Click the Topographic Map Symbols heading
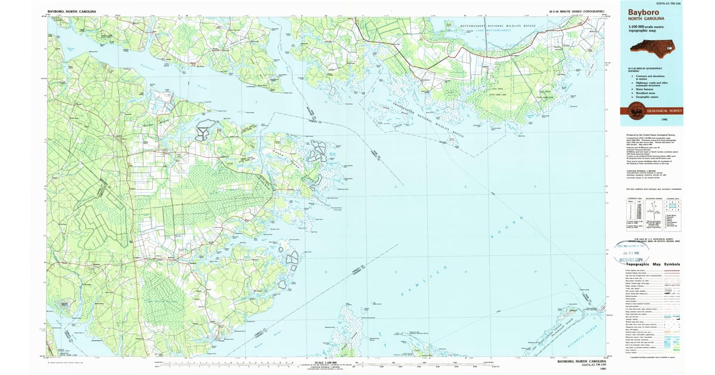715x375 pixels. click(x=648, y=264)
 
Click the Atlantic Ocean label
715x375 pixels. click(x=587, y=338)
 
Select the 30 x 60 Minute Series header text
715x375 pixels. click(x=576, y=11)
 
